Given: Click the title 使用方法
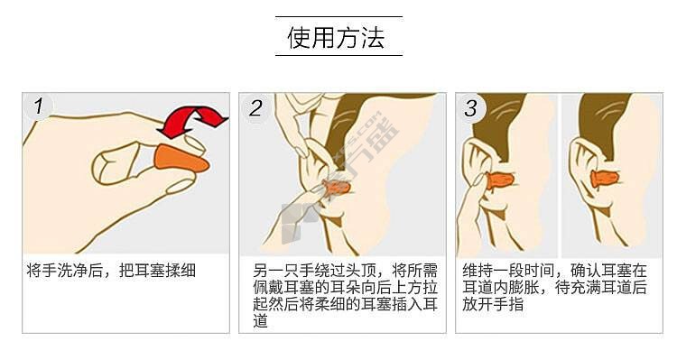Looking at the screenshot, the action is (x=336, y=37).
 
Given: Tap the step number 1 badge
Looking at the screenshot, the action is (x=38, y=106).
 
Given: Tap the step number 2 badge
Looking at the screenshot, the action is (x=255, y=108).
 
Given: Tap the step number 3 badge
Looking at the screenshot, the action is (x=471, y=108).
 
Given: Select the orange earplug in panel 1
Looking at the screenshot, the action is (x=181, y=159).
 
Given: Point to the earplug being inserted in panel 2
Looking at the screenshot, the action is (x=337, y=189).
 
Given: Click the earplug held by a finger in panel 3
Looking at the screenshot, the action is (x=500, y=180).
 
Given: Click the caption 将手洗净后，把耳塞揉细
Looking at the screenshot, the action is (x=111, y=271).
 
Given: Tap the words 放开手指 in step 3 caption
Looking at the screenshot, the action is (x=493, y=304).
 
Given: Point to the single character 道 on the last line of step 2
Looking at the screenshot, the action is (x=260, y=321).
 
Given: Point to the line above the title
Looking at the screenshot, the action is (x=338, y=17).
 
